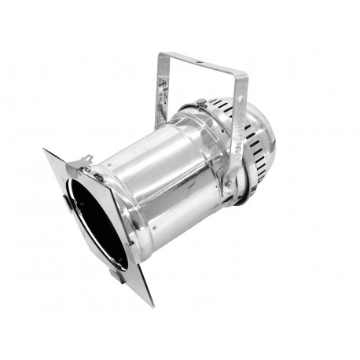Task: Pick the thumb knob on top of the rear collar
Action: click(x=201, y=102)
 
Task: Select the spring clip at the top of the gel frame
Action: click(x=86, y=161)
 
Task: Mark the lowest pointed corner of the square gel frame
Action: click(x=150, y=305)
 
